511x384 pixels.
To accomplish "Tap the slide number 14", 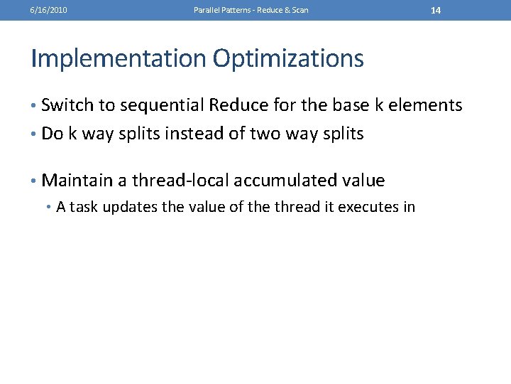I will [436, 10].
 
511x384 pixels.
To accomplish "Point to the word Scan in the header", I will [300, 10].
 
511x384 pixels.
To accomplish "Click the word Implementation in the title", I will [118, 58].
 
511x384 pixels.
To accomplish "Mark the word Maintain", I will [77, 181].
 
